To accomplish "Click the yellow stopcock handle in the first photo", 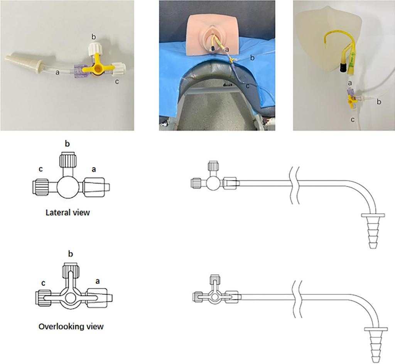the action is (x=97, y=67).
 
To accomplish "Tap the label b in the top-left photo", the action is (x=94, y=37).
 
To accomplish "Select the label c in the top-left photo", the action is (x=117, y=82).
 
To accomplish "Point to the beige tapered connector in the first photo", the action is (x=24, y=63).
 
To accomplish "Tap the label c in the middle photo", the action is (x=248, y=86).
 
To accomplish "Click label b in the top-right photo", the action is (x=379, y=102).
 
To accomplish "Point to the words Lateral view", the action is (x=68, y=213).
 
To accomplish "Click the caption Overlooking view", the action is (x=71, y=327).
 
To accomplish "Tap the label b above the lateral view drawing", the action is (x=67, y=143).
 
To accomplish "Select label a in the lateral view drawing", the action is (x=94, y=169).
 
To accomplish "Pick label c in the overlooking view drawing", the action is (x=43, y=283).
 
